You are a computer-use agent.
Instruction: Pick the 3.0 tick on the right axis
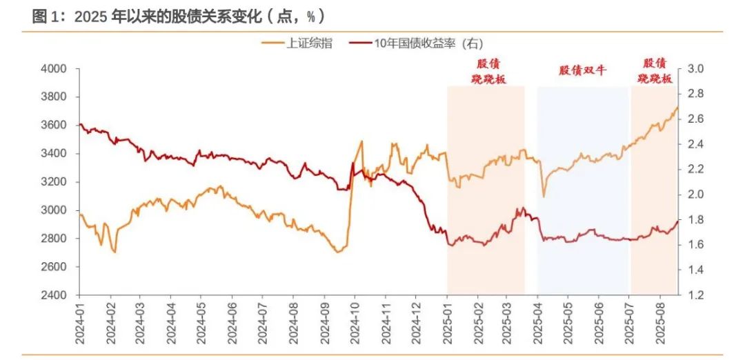click(693, 69)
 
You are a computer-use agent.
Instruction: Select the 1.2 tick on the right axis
click(693, 295)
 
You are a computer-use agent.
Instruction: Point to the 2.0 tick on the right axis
click(693, 194)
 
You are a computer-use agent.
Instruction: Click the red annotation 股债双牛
click(582, 70)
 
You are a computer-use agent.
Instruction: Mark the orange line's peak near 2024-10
click(362, 141)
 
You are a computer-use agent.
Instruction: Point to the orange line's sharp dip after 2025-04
click(544, 197)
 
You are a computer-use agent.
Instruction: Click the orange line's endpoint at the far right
click(677, 107)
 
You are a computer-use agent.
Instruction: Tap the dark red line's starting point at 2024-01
click(80, 125)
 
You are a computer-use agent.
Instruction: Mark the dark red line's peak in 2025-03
click(522, 208)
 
